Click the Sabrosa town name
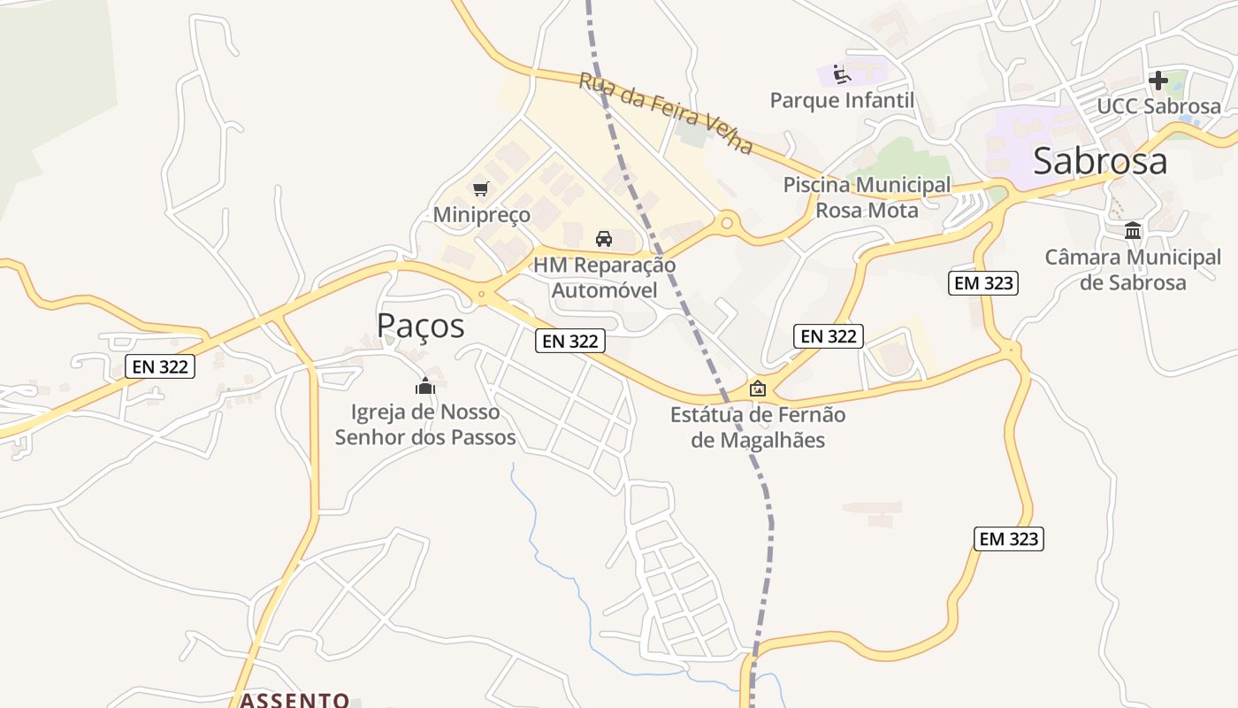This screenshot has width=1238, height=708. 1099,162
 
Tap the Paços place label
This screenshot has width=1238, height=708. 420,326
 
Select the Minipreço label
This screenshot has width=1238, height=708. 481,215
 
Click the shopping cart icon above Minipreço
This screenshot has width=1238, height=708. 481,189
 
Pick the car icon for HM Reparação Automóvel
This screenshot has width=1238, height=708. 604,238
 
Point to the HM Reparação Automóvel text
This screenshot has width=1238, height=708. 604,277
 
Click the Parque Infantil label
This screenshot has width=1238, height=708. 842,100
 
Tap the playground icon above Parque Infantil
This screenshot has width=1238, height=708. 841,73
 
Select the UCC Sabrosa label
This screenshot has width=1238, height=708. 1158,106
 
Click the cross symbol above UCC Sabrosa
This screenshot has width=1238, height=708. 1158,81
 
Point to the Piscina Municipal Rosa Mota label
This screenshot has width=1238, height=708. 867,197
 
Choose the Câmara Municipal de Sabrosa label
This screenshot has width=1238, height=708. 1133,270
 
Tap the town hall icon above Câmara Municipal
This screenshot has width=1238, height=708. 1133,231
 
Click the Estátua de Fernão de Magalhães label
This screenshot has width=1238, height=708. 758,427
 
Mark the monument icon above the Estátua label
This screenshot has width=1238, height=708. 758,389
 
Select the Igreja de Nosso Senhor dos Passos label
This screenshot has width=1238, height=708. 425,424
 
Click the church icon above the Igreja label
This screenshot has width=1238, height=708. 425,386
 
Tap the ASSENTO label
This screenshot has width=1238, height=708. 295,700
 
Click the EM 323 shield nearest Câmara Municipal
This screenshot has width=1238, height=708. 983,283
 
